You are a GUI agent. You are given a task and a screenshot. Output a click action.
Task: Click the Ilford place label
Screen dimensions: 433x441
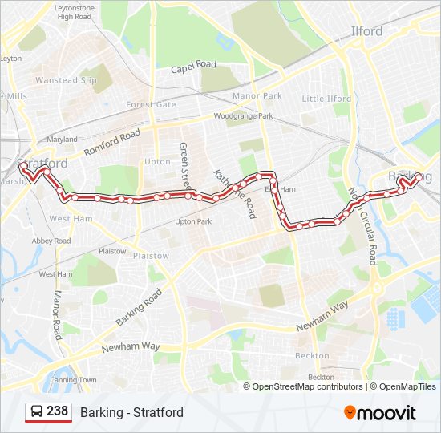pyautogui.click(x=368, y=32)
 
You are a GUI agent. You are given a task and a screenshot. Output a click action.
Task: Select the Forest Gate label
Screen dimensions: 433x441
pyautogui.click(x=151, y=104)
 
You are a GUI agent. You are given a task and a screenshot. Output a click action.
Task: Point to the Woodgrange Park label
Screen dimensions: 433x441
pyautogui.click(x=243, y=116)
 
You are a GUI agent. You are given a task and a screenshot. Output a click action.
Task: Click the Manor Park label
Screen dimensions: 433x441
pyautogui.click(x=257, y=96)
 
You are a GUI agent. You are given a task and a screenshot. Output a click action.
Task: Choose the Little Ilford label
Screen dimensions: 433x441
pyautogui.click(x=326, y=99)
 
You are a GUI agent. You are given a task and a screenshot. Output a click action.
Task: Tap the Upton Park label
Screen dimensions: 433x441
pyautogui.click(x=193, y=221)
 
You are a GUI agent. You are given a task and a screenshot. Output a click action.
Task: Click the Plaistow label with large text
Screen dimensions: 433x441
pyautogui.click(x=151, y=256)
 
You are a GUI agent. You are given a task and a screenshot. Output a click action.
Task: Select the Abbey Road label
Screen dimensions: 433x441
pyautogui.click(x=52, y=241)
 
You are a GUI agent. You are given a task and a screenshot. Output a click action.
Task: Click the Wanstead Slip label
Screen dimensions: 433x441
pyautogui.click(x=67, y=80)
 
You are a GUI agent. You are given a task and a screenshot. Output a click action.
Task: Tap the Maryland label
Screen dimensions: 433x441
pyautogui.click(x=62, y=140)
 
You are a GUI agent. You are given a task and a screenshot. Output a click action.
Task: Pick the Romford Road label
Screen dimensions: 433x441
pyautogui.click(x=111, y=142)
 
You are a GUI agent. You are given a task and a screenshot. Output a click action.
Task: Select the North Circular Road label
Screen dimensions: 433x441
pyautogui.click(x=365, y=225)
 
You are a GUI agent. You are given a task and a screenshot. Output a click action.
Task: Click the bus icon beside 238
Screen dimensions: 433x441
pyautogui.click(x=37, y=412)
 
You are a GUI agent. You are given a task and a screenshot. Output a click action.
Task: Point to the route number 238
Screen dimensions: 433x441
pyautogui.click(x=57, y=411)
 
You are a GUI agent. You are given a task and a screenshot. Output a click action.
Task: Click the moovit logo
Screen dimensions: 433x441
pyautogui.click(x=380, y=412)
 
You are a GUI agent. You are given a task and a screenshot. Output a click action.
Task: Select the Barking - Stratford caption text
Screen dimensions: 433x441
pyautogui.click(x=131, y=412)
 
